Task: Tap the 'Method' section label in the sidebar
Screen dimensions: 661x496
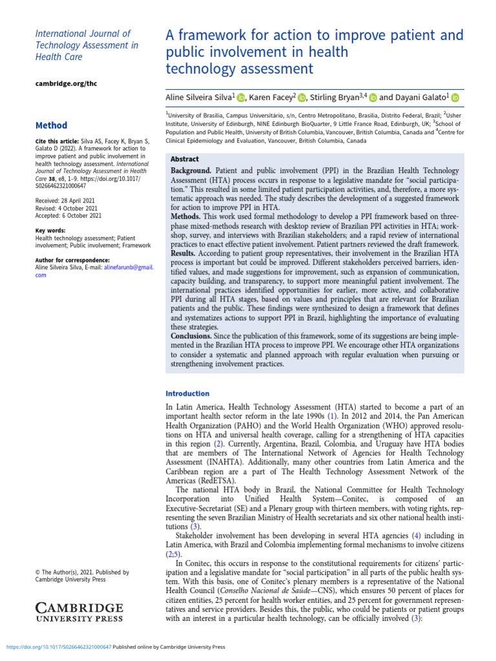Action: coord(51,125)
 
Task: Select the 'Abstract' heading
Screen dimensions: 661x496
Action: coord(184,159)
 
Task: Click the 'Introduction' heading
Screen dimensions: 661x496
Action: coord(187,393)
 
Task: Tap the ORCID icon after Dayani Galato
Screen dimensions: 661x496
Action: coord(454,97)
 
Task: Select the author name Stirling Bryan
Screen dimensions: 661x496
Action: coord(335,97)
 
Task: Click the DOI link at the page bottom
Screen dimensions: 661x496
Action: coord(59,646)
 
